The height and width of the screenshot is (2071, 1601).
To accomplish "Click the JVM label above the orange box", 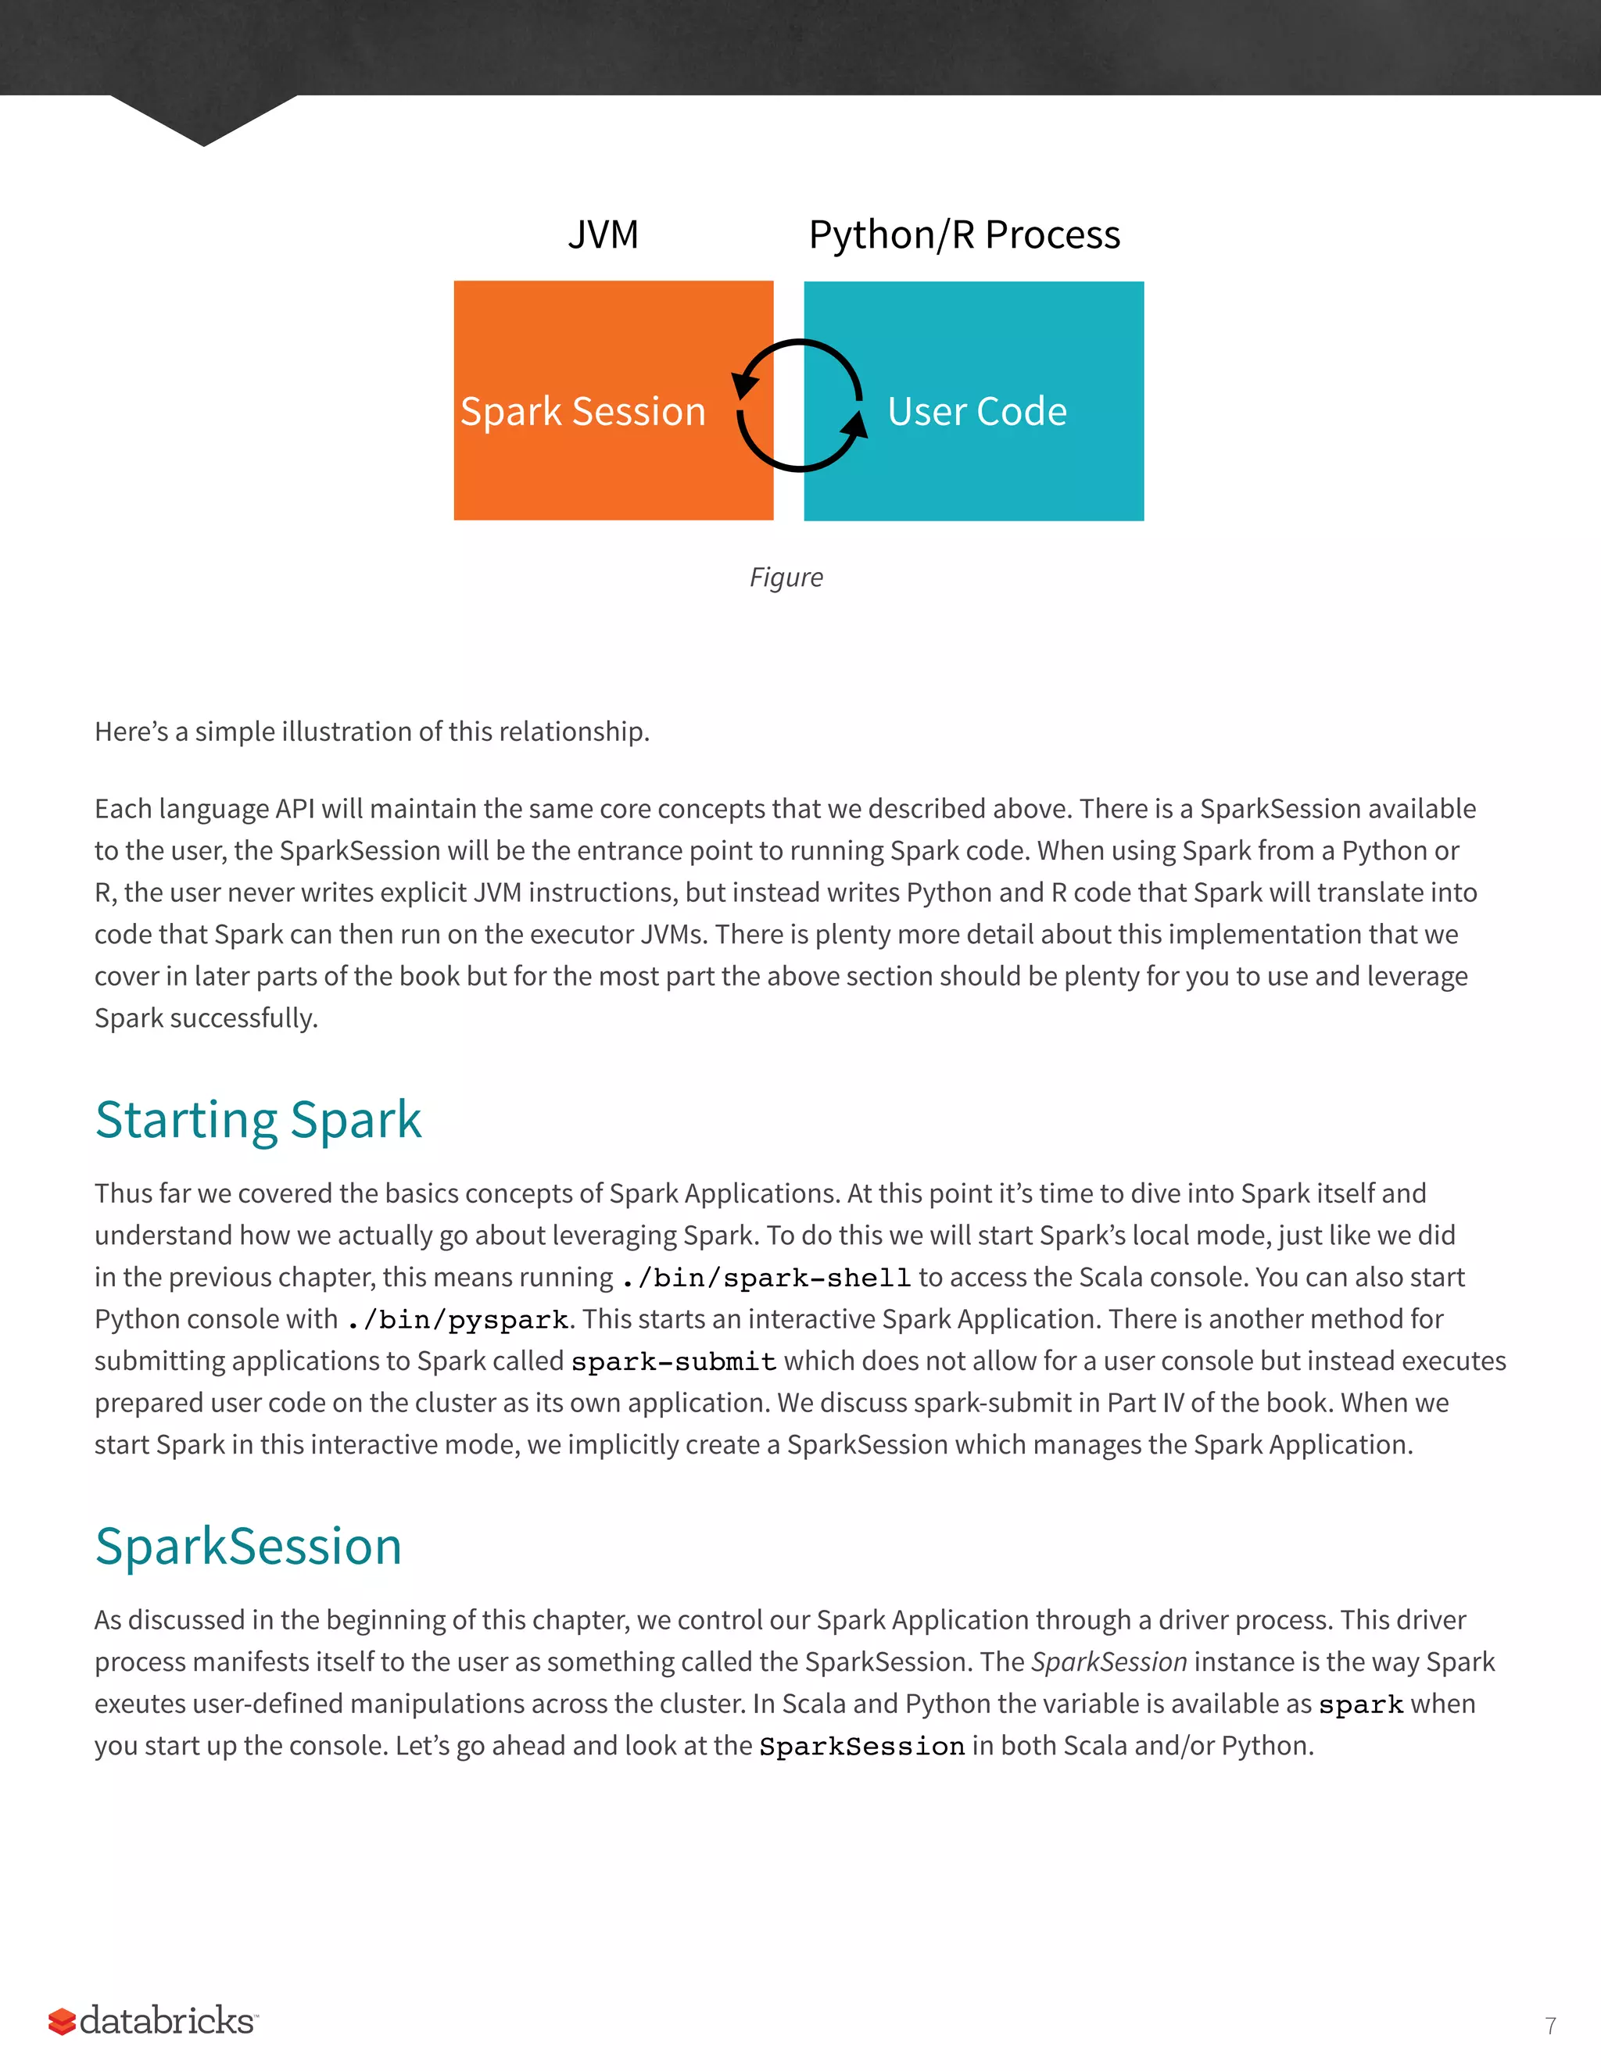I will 604,234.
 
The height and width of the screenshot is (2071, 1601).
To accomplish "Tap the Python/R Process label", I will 964,234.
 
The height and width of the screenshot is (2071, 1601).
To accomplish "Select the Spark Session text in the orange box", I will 582,412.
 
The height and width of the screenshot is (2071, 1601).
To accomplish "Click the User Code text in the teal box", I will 977,412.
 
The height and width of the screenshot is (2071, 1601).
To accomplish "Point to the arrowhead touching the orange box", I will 746,384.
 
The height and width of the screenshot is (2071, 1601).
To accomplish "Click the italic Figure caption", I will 786,577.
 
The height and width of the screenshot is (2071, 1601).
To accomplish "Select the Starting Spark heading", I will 258,1119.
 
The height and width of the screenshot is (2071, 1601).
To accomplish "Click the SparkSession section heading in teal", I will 249,1546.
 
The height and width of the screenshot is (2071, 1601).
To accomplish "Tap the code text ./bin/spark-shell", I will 765,1279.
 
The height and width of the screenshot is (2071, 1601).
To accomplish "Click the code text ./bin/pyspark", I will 457,1320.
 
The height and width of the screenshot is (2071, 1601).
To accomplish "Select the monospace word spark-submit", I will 673,1361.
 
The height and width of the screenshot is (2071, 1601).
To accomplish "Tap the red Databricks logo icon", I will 62,2021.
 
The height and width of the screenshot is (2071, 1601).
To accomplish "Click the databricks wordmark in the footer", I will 167,2021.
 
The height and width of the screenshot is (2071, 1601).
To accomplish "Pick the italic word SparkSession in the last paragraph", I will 1109,1661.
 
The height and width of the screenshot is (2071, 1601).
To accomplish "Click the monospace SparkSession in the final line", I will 861,1747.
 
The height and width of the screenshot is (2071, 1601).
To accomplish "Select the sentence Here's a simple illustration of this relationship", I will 372,731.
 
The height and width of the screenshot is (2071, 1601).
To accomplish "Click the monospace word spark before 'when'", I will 1360,1705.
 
